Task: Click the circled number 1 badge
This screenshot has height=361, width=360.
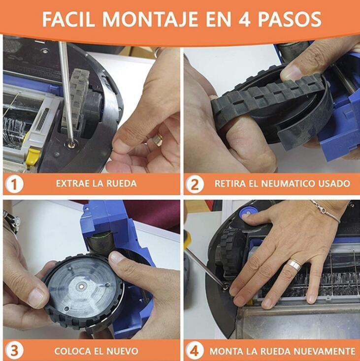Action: [14, 184]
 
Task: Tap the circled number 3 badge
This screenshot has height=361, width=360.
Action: [14, 351]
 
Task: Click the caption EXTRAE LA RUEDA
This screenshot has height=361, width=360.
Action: [96, 184]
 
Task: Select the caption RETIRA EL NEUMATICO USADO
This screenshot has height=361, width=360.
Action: [282, 184]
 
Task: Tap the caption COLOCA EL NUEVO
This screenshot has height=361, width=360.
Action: [97, 351]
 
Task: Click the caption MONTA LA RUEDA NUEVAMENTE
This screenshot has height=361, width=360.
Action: [282, 351]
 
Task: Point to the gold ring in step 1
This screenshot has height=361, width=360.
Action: [157, 140]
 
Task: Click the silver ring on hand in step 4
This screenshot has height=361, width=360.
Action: [294, 266]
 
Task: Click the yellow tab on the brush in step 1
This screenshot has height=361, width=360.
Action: [33, 157]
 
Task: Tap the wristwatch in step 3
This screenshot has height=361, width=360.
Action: [11, 221]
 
